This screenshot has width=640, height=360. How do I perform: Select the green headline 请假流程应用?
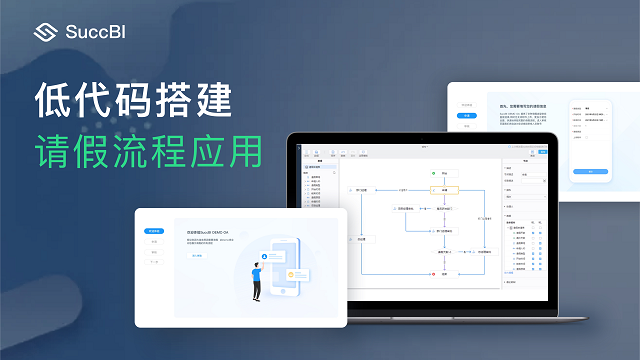click(x=149, y=151)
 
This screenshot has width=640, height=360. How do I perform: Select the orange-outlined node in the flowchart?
click(x=444, y=190)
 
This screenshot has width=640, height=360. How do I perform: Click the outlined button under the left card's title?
click(x=197, y=256)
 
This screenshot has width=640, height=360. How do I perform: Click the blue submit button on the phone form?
click(x=591, y=171)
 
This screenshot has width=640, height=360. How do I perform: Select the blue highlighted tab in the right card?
click(x=467, y=116)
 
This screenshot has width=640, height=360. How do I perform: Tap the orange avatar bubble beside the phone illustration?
click(x=293, y=273)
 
